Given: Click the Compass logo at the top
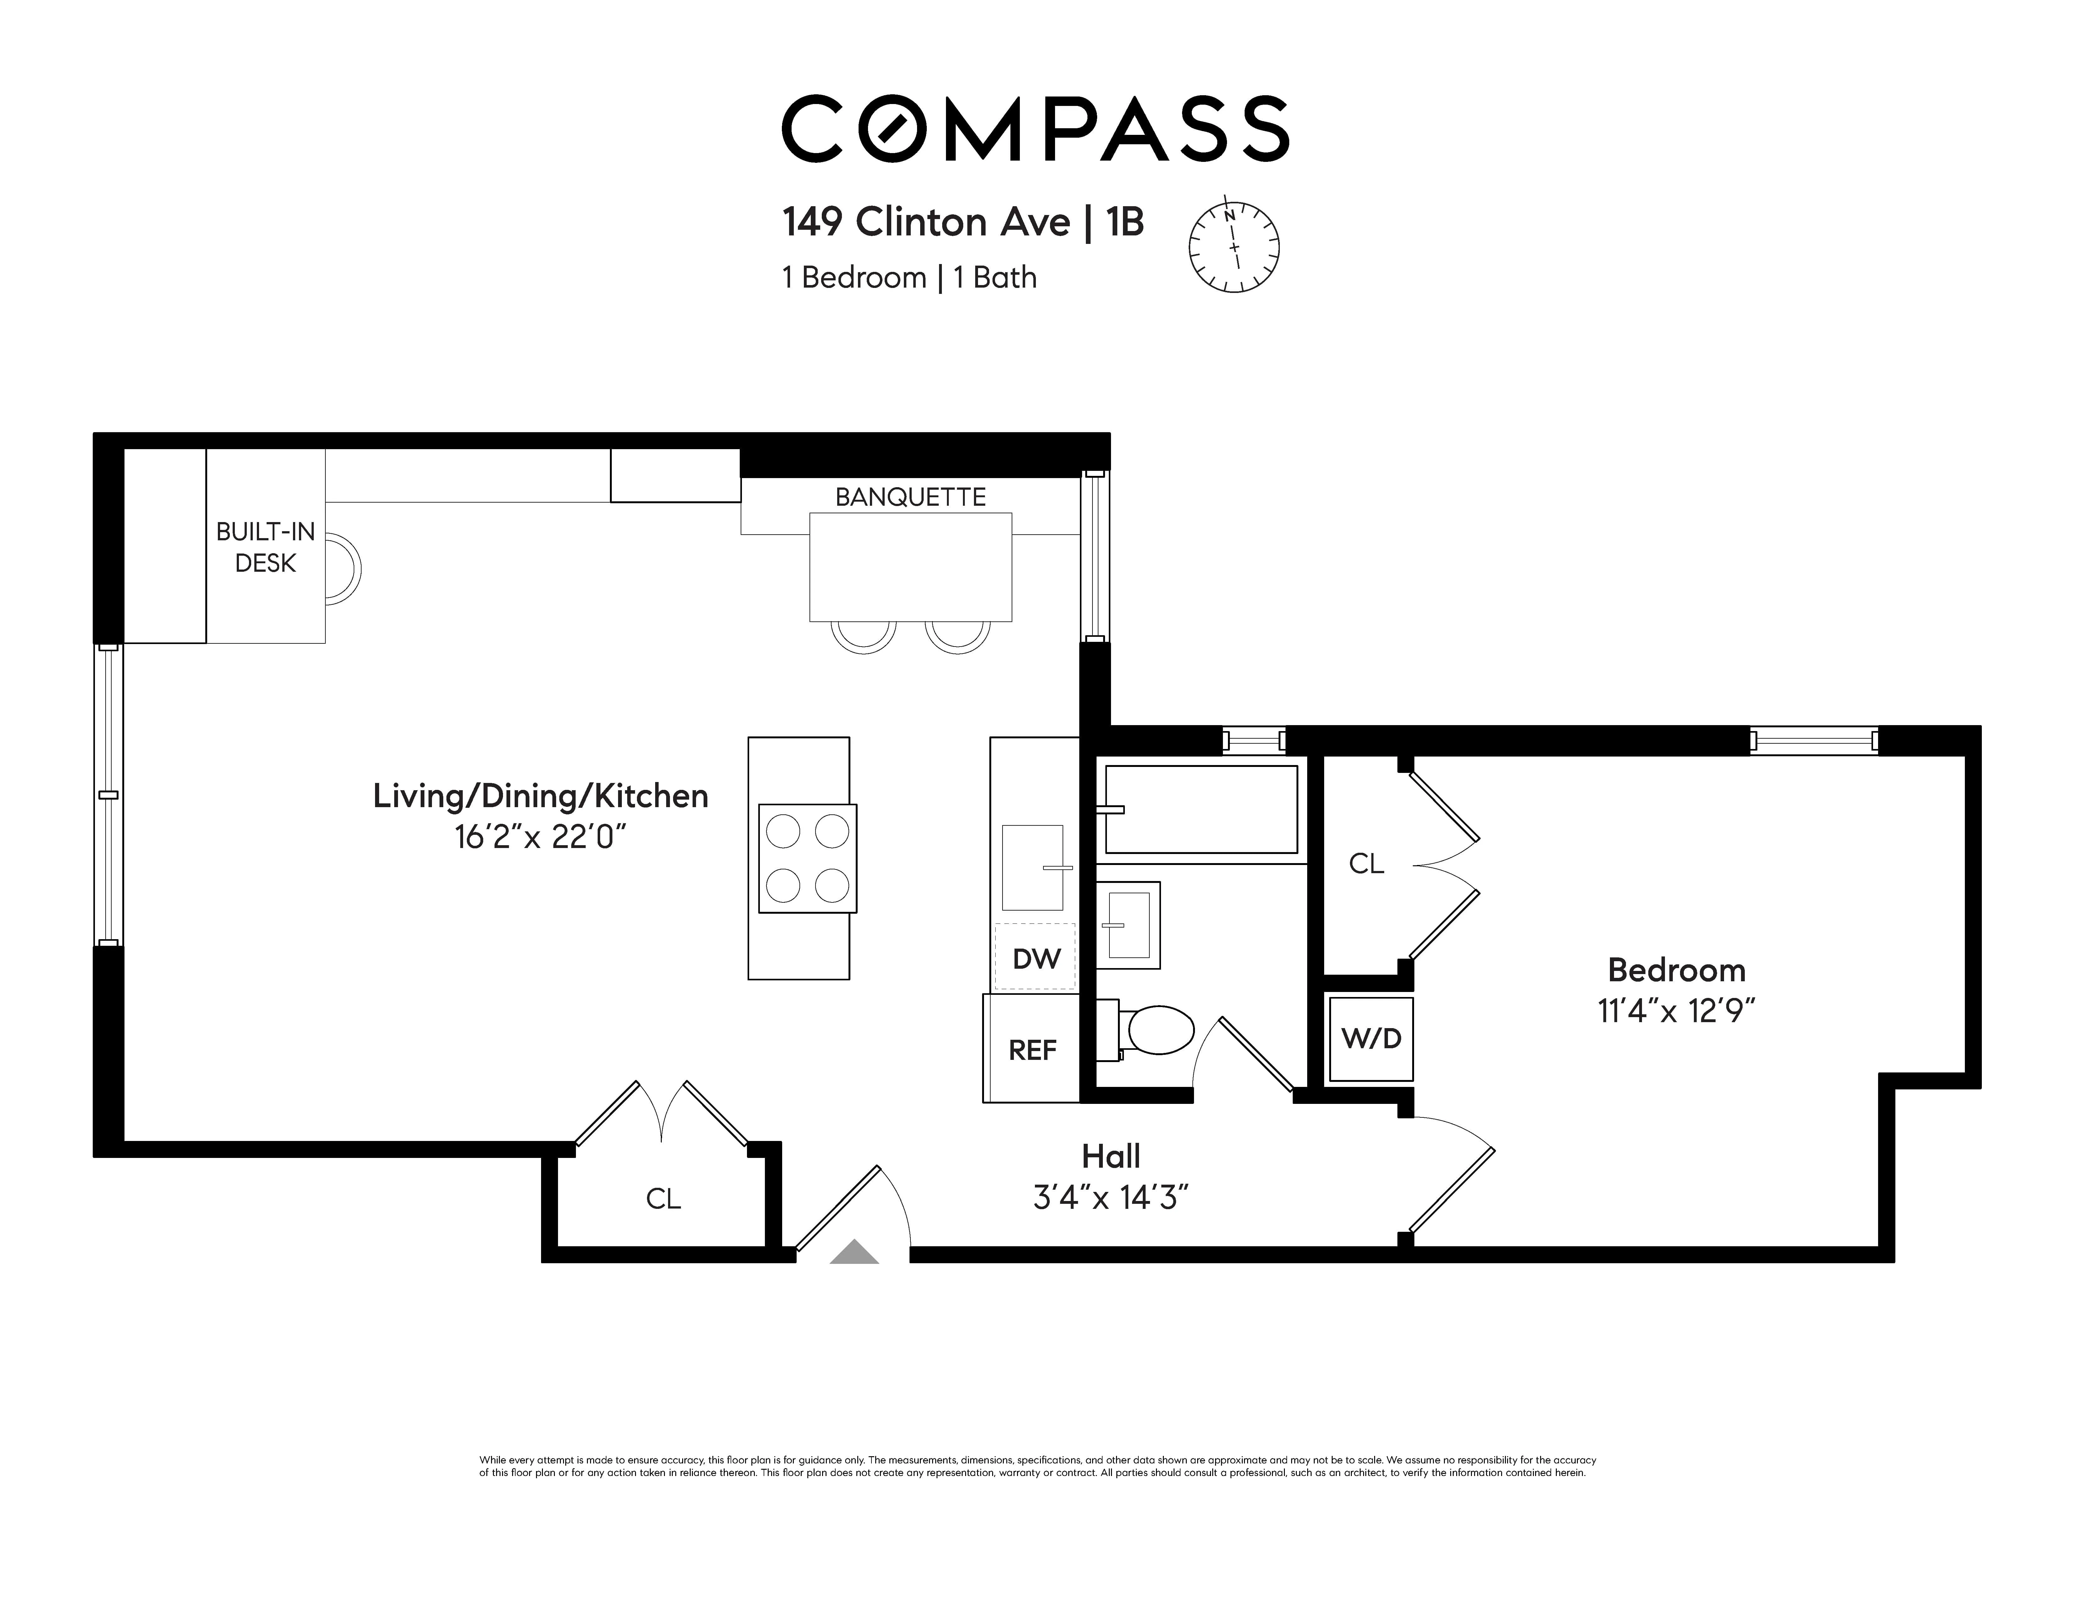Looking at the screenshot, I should [1035, 128].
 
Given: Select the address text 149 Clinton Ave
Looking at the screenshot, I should [926, 222].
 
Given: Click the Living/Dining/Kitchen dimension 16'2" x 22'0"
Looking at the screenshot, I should [540, 837].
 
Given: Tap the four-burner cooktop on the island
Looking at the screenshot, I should [807, 858].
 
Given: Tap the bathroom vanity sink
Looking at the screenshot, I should [1129, 924].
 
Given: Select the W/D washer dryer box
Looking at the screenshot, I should [1371, 1038].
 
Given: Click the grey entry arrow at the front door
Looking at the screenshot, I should [854, 1253].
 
